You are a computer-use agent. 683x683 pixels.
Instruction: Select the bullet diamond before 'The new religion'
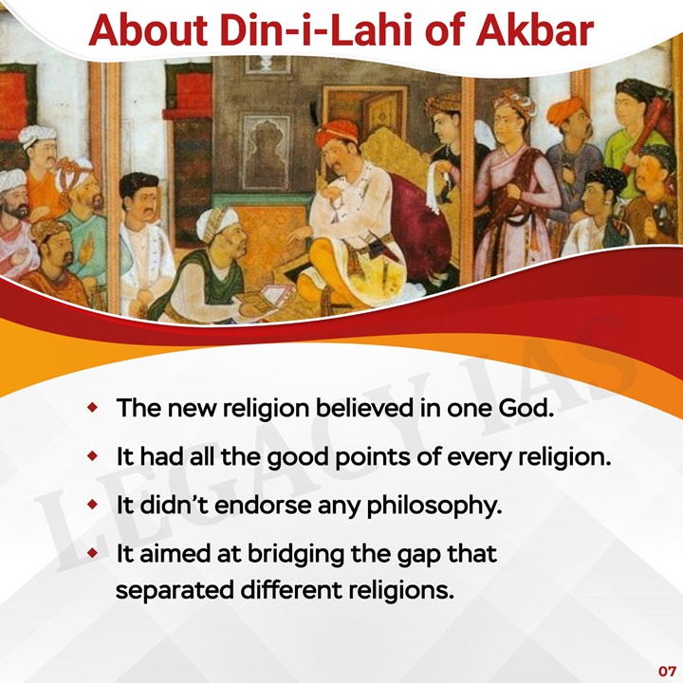click(92, 409)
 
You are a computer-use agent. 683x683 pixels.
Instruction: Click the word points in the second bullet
click(366, 457)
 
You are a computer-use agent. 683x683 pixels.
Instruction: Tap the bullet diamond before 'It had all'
click(92, 456)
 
